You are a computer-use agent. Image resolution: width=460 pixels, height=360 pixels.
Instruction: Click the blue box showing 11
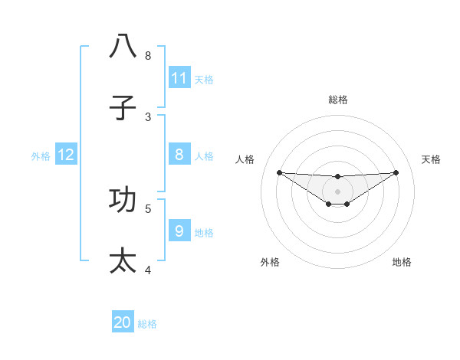pos(179,78)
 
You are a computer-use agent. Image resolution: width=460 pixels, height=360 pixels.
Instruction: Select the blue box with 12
pos(66,155)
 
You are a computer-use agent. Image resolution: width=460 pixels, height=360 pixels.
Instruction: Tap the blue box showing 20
pos(123,323)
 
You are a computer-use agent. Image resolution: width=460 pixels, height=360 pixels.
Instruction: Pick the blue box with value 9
pos(179,231)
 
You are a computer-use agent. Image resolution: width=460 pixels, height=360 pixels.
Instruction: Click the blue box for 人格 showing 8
pos(179,155)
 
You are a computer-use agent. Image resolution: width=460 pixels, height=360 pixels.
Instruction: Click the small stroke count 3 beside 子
pos(148,117)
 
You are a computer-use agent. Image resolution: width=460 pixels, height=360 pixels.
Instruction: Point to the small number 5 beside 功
pos(148,208)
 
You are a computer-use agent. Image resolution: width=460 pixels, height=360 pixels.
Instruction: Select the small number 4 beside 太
pos(148,270)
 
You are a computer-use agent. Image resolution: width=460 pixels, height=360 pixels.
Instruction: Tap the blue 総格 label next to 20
pos(147,324)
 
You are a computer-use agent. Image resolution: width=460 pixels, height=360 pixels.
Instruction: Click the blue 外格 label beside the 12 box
pos(41,155)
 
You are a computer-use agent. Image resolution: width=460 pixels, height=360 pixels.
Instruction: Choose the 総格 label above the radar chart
pos(337,100)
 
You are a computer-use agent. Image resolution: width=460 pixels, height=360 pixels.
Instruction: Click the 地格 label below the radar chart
pos(402,262)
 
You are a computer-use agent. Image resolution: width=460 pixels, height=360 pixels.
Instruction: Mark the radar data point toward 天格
pos(396,172)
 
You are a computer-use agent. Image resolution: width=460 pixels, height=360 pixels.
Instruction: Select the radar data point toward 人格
pos(279,172)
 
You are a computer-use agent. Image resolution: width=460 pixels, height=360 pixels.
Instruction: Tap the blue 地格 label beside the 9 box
pos(204,233)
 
